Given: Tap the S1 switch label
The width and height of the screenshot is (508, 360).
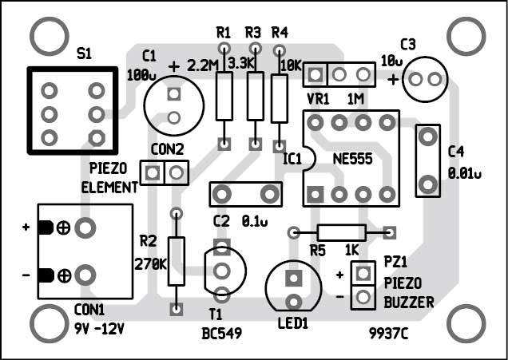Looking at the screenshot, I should (x=84, y=53).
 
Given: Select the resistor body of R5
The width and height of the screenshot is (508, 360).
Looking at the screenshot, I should (x=342, y=232).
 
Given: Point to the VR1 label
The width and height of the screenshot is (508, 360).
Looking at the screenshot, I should (x=318, y=101).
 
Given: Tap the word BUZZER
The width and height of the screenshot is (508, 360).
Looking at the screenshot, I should (x=408, y=303).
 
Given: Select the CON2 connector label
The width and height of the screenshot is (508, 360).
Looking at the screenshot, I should (x=167, y=148).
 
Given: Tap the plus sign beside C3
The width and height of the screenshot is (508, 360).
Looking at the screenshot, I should (x=393, y=79).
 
